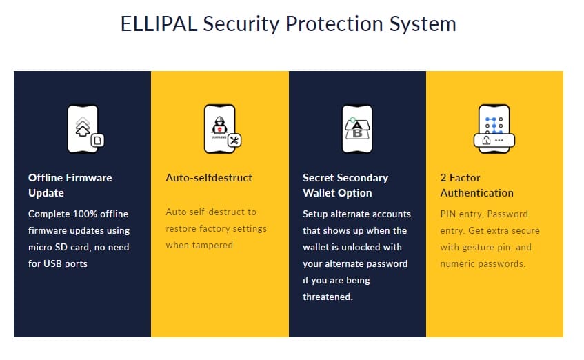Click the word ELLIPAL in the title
coord(159,24)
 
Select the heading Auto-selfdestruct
coord(209,178)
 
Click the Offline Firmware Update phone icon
coord(85,129)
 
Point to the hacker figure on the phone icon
coord(219,126)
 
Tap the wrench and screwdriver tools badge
coord(234,141)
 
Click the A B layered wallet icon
coord(356,129)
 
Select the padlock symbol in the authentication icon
coord(486,141)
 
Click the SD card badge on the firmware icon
coord(98,141)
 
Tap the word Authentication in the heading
coord(476,193)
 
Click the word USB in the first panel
coord(52,263)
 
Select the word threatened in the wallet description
coord(328,297)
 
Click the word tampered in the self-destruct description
coord(215,246)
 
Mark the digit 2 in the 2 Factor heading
coord(443,178)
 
